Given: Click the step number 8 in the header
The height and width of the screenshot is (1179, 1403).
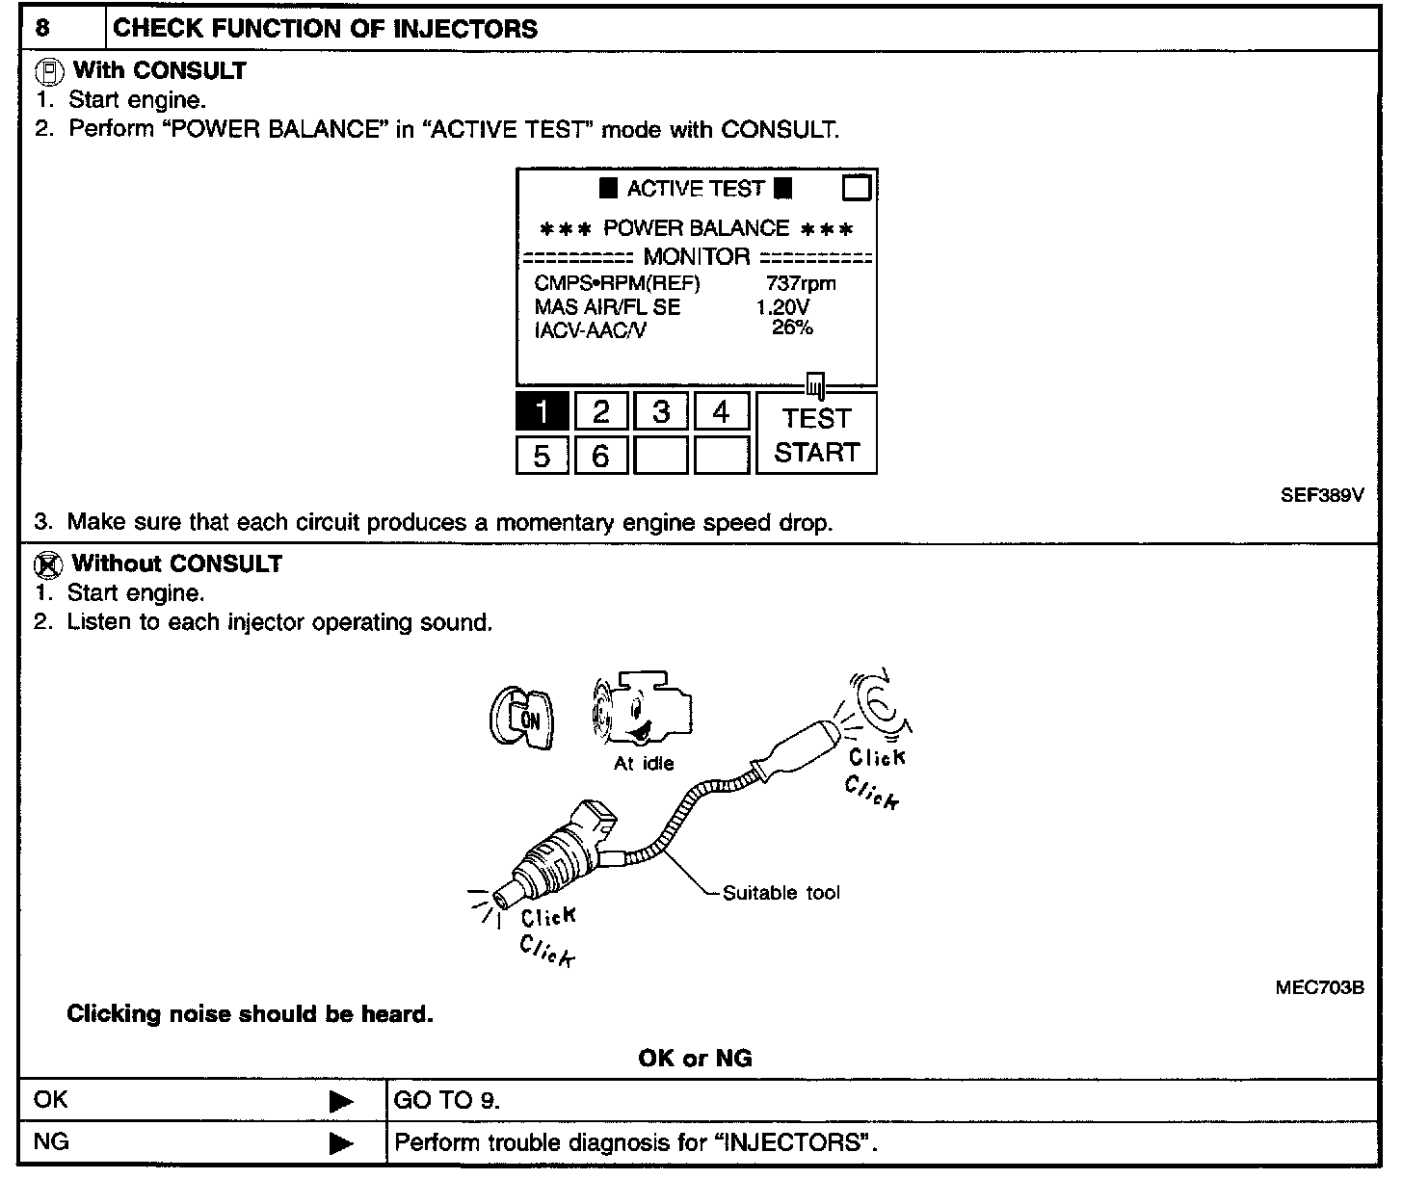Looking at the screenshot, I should pyautogui.click(x=42, y=28).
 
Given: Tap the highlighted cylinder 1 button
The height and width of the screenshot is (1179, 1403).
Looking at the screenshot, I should pyautogui.click(x=542, y=412).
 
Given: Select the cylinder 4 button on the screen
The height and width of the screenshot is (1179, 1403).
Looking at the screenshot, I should pyautogui.click(x=721, y=412).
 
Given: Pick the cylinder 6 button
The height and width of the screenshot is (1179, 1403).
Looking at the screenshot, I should pyautogui.click(x=600, y=455).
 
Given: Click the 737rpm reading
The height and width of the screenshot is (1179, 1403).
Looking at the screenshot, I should pyautogui.click(x=801, y=283).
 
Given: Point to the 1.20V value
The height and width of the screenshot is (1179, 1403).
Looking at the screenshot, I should pyautogui.click(x=782, y=307).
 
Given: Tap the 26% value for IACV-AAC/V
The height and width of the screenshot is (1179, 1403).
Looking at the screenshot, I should pyautogui.click(x=792, y=327).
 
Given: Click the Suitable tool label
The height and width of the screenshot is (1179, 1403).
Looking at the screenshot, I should pyautogui.click(x=781, y=893).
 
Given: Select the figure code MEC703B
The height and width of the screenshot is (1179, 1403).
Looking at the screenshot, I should pyautogui.click(x=1319, y=986).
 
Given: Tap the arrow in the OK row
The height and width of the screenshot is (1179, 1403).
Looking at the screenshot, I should pyautogui.click(x=341, y=1102).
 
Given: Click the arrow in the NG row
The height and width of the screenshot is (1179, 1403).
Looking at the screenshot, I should pyautogui.click(x=341, y=1144).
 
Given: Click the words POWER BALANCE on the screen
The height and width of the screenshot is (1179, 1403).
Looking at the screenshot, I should pyautogui.click(x=696, y=228).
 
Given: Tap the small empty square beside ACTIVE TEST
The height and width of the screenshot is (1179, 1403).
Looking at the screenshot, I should pyautogui.click(x=856, y=187).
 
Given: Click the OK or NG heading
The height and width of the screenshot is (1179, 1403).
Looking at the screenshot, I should pyautogui.click(x=695, y=1059).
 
